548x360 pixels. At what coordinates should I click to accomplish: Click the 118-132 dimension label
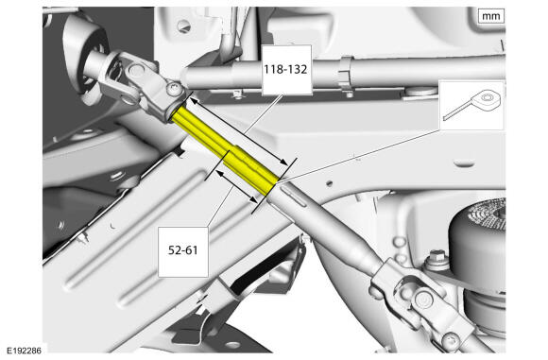click(x=285, y=69)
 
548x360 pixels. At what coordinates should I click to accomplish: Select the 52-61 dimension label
click(x=182, y=250)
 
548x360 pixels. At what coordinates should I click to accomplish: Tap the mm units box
click(x=491, y=16)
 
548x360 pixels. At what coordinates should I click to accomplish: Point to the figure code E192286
click(x=24, y=351)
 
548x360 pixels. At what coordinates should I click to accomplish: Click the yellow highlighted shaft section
click(x=226, y=150)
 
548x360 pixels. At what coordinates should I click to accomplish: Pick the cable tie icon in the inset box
click(x=472, y=104)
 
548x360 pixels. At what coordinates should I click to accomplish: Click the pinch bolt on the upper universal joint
click(x=174, y=89)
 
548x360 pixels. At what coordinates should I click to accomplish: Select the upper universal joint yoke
click(x=140, y=84)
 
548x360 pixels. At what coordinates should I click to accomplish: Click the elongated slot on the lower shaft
click(x=295, y=197)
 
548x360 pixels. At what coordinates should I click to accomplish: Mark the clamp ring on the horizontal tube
click(x=346, y=74)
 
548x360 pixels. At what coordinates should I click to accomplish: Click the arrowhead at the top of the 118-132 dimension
click(x=192, y=101)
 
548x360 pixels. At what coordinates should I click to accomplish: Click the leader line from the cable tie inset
click(x=360, y=155)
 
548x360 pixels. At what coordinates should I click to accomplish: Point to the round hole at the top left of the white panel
click(x=182, y=26)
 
